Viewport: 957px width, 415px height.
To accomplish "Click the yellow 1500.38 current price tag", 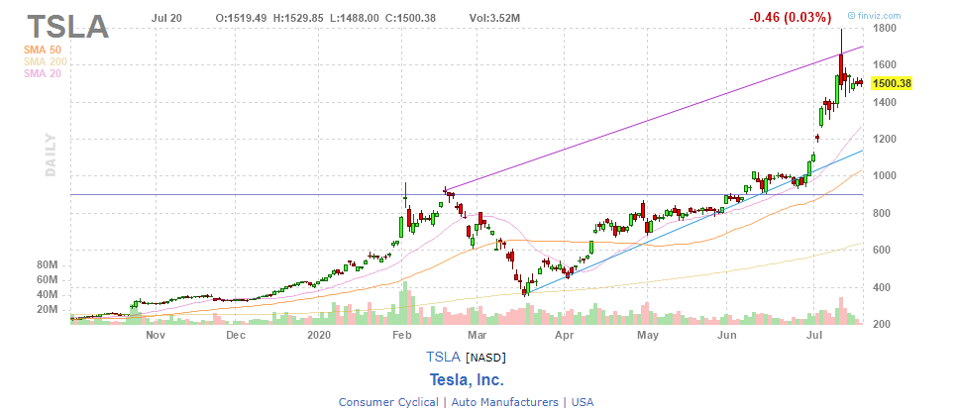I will [x=892, y=84].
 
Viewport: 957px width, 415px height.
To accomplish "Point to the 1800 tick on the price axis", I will [x=884, y=29].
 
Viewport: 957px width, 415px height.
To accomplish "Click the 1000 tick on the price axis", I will [x=884, y=176].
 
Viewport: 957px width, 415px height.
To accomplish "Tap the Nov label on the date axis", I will [x=154, y=335].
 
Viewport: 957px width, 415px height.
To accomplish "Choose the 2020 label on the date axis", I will [x=318, y=335].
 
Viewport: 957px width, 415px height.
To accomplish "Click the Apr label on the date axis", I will [x=564, y=335].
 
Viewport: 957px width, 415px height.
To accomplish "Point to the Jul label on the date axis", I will [x=814, y=335].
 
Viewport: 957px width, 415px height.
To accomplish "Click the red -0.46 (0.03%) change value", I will [x=790, y=17].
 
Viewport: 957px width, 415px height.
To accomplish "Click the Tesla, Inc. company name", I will [x=467, y=379].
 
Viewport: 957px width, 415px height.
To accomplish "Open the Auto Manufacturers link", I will [x=504, y=402].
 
